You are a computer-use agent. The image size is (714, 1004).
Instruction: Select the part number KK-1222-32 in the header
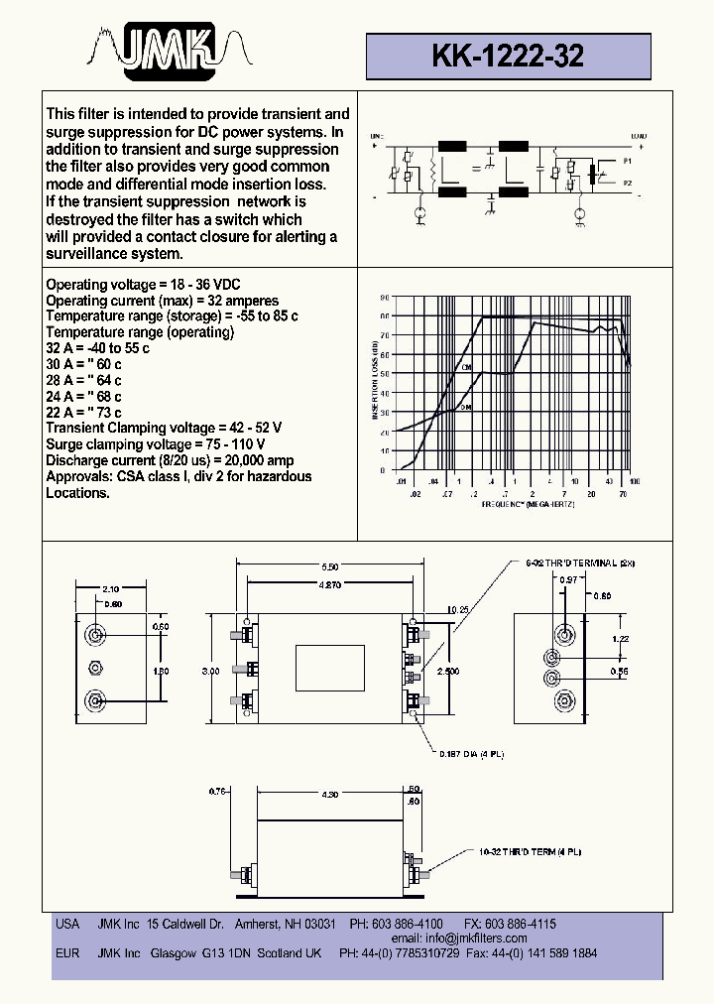(508, 57)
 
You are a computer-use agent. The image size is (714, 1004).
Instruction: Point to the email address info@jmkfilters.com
(475, 938)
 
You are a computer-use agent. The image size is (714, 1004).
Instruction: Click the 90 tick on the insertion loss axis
(385, 297)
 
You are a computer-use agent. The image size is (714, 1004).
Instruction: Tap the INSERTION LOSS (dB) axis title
(375, 382)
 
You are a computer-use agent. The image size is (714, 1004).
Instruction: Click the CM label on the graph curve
(467, 367)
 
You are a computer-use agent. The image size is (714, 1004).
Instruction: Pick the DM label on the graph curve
(466, 407)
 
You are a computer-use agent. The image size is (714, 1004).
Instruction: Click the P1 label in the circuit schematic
(626, 160)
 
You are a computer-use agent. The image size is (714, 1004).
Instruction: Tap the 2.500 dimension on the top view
(450, 671)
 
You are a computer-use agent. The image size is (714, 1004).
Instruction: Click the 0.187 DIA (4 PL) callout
(472, 755)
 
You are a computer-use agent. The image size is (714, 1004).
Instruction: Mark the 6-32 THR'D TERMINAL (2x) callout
(579, 563)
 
